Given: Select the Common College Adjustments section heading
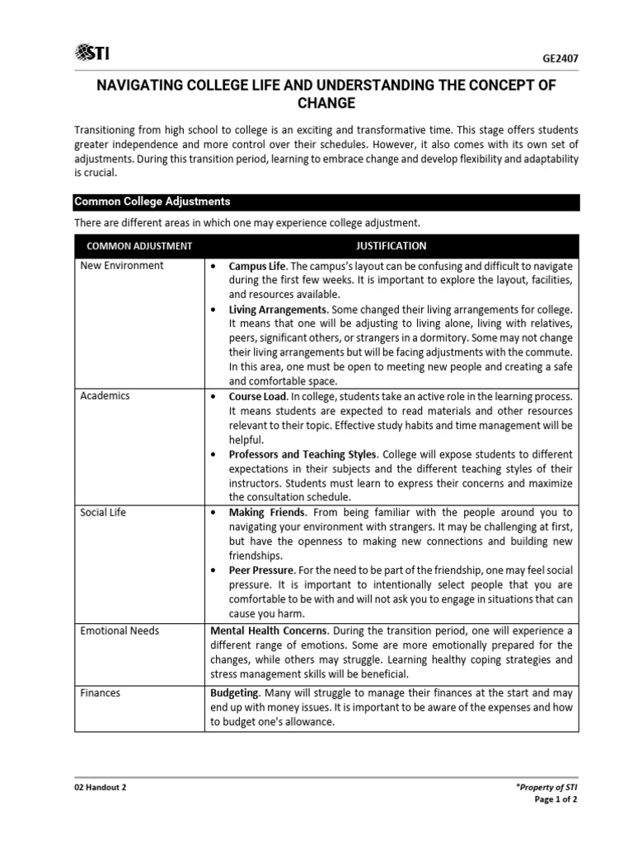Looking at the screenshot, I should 152,202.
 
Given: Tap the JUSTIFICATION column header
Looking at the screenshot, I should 391,245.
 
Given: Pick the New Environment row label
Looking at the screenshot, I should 121,266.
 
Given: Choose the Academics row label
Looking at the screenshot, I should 105,396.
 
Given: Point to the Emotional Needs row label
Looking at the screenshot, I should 120,631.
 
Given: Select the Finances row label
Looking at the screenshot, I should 100,693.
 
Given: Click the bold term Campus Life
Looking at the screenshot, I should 257,267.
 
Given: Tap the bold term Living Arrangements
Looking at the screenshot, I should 278,310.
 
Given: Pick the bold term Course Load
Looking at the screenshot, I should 258,396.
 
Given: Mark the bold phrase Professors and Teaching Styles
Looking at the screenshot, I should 302,454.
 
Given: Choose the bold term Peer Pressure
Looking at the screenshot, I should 260,570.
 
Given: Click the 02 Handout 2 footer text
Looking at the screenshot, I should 100,787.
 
